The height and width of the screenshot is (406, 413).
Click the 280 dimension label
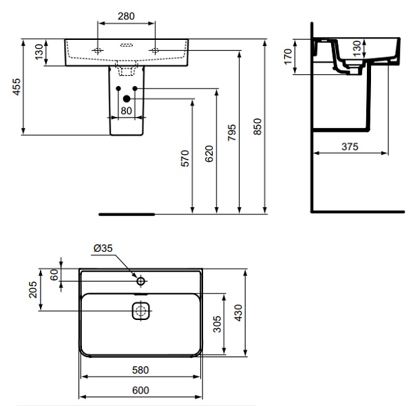pyautogui.click(x=126, y=15)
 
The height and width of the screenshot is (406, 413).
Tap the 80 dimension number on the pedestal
pyautogui.click(x=126, y=110)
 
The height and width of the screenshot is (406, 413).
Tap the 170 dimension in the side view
pyautogui.click(x=288, y=56)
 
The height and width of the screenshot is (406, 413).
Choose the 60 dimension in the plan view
pyautogui.click(x=54, y=275)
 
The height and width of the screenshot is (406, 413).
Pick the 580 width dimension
pyautogui.click(x=140, y=370)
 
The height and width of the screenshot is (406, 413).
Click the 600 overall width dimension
pyautogui.click(x=140, y=390)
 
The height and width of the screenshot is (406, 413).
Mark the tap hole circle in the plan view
pyautogui.click(x=140, y=281)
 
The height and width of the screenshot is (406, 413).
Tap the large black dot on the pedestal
pyautogui.click(x=126, y=99)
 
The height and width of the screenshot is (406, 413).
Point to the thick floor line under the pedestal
pyautogui.click(x=127, y=214)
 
